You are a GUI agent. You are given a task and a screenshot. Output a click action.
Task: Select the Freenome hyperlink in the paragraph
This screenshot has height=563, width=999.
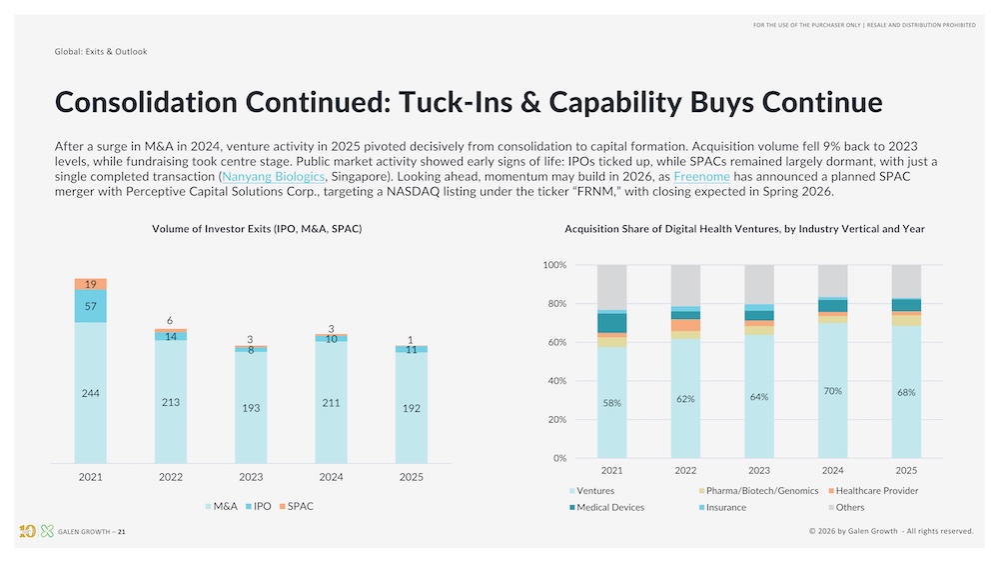[x=701, y=176]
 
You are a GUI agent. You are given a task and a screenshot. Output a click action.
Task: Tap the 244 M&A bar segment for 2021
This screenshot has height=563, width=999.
[x=91, y=393]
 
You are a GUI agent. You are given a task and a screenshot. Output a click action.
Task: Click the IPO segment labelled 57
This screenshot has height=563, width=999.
[x=91, y=306]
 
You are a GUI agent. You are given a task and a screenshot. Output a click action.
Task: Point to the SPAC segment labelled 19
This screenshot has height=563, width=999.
[x=91, y=285]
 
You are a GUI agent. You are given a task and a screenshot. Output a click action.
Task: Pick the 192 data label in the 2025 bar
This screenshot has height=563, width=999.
[x=411, y=408]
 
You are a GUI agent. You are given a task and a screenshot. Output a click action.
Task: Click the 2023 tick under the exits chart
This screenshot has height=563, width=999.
[x=251, y=477]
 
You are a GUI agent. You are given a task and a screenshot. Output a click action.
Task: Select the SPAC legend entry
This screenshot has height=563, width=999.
[x=296, y=506]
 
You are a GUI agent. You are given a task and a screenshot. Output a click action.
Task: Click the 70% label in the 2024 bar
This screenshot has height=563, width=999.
[x=833, y=391]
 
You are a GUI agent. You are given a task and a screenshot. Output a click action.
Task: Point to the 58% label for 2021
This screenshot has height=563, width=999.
[x=611, y=403]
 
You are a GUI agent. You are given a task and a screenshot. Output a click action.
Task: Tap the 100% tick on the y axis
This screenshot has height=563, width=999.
[x=554, y=265]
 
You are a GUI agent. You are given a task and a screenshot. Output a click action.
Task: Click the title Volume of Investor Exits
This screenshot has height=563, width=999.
[x=257, y=229]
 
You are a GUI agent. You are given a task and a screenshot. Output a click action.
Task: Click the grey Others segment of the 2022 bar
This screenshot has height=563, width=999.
[x=685, y=286]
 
